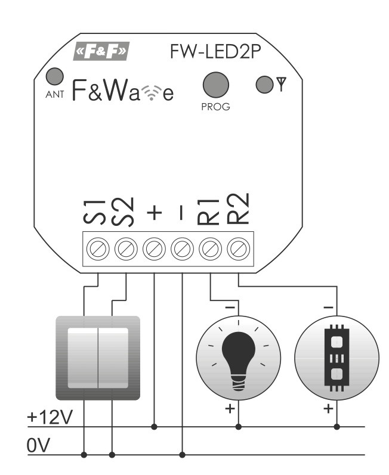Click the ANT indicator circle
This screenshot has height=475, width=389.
point(55,76)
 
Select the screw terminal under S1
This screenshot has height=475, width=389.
point(97,247)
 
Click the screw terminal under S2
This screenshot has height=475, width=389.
point(126,247)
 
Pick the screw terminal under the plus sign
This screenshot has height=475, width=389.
point(154,247)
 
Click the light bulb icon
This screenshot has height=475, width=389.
point(238,356)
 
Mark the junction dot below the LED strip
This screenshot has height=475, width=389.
point(336,427)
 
